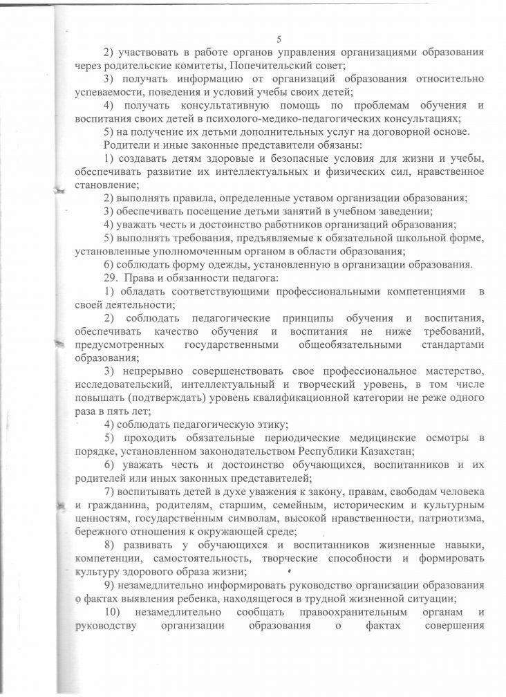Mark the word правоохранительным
(332, 611)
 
